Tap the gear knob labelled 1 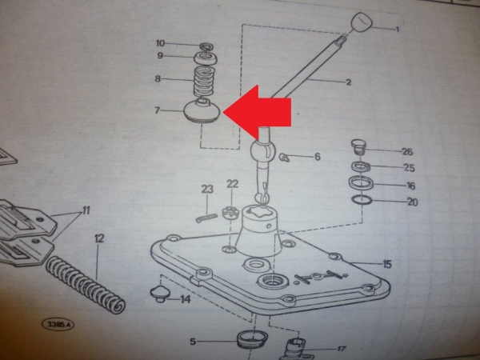point(362,22)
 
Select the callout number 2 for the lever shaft point(348,82)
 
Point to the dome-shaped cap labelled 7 point(202,111)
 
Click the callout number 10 point(161,43)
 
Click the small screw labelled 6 point(284,158)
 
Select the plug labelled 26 point(358,147)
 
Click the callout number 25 point(409,168)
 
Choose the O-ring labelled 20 point(362,200)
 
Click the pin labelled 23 point(206,218)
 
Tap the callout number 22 point(232,184)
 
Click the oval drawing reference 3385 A point(58,324)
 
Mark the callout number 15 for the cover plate point(387,264)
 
